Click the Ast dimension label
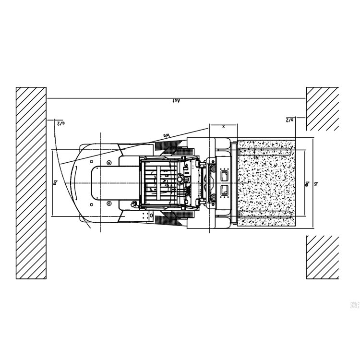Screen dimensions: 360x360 [x=176, y=101]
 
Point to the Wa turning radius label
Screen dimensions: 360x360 [x=167, y=136]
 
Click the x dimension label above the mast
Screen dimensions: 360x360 [x=223, y=126]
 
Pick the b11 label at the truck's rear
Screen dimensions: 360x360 [x=56, y=182]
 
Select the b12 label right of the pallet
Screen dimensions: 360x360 [x=307, y=183]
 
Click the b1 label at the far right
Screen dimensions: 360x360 [x=316, y=183]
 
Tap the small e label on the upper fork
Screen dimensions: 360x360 [x=257, y=156]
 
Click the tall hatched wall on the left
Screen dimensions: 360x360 [x=31, y=182]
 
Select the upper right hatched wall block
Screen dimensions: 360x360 [x=322, y=108]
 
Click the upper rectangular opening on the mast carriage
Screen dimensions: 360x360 [x=224, y=175]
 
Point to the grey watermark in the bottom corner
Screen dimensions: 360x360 [x=355, y=305]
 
